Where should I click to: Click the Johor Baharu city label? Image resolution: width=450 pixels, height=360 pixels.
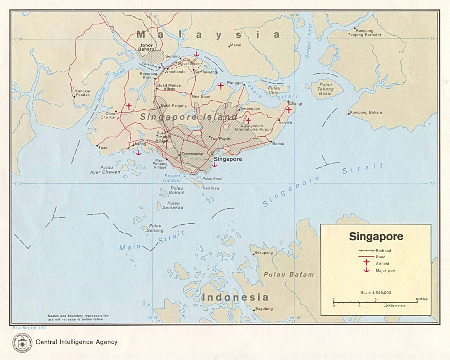[x=147, y=47]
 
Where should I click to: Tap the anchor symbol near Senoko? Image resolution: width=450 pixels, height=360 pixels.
[x=196, y=53]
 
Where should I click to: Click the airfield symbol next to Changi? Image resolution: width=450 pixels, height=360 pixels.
[x=288, y=109]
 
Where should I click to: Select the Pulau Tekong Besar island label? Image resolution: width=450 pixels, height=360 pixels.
[x=326, y=89]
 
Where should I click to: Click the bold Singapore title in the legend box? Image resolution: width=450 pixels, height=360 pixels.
[x=376, y=237]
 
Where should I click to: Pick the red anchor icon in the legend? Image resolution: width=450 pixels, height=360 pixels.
[x=366, y=270]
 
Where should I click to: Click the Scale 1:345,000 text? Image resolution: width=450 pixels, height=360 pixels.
[x=376, y=292]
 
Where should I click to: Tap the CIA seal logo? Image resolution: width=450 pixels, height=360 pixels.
[x=22, y=343]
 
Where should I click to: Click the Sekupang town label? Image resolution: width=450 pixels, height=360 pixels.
[x=264, y=253]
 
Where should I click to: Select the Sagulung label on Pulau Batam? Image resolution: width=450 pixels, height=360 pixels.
[x=264, y=309]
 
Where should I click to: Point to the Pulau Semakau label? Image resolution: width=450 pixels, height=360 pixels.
[x=173, y=205]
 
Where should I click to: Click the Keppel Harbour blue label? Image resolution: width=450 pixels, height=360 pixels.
[x=172, y=178]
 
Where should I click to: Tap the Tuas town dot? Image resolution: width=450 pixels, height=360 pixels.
[x=97, y=146]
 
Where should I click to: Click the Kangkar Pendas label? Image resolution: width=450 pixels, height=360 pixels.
[x=83, y=93]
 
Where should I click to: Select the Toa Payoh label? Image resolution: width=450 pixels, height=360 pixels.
[x=220, y=139]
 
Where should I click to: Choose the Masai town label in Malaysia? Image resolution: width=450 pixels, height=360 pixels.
[x=235, y=45]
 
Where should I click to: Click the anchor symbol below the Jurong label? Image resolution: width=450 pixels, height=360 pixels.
[x=138, y=153]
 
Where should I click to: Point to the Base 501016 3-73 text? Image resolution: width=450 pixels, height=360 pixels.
[x=29, y=328]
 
